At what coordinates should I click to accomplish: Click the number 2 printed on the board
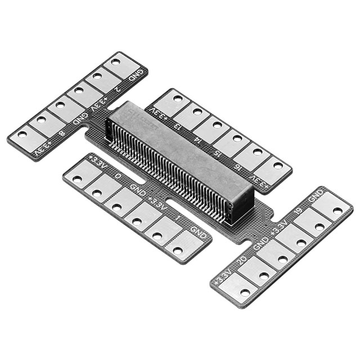(118, 88)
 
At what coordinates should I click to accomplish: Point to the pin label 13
(178, 126)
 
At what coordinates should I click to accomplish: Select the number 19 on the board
(298, 211)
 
